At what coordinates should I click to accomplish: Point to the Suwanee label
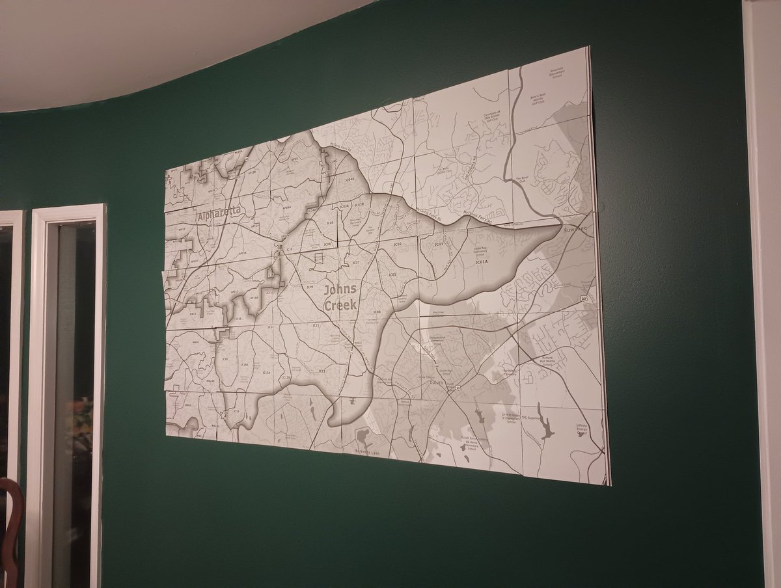[575, 230]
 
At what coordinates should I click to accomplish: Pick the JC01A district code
[481, 262]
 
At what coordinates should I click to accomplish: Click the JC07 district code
[355, 262]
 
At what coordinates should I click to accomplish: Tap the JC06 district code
[376, 312]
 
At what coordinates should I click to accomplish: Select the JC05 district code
[330, 223]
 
